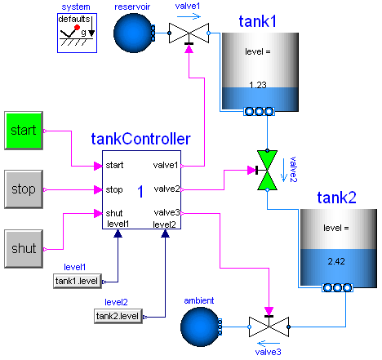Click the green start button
click(24, 131)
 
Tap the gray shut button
click(24, 249)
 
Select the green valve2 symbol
click(267, 171)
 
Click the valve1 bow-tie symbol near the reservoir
click(189, 33)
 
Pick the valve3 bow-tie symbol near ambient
click(269, 327)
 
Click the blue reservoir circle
click(134, 33)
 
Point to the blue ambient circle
click(201, 327)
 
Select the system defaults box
click(77, 33)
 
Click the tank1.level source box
click(78, 281)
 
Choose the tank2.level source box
click(118, 316)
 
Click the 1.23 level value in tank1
click(258, 85)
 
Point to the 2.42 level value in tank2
click(336, 261)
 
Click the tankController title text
click(140, 139)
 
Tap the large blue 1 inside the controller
click(140, 191)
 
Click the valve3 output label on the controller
click(167, 212)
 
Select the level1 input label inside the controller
click(118, 224)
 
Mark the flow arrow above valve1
click(189, 16)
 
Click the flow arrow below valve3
click(269, 344)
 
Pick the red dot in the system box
click(78, 27)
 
